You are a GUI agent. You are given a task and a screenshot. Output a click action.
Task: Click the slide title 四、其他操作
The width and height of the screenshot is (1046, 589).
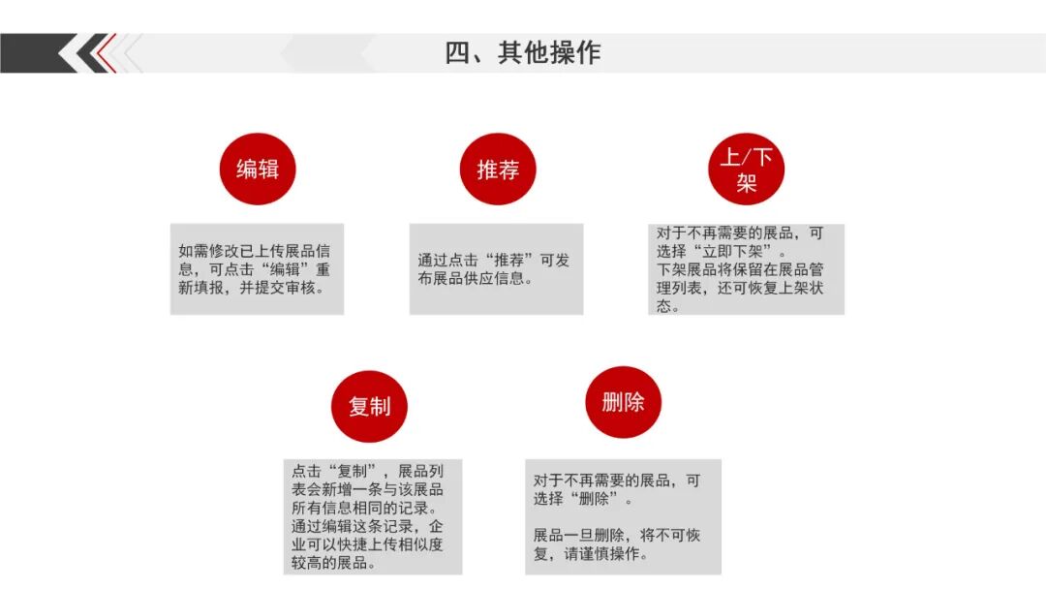(522, 52)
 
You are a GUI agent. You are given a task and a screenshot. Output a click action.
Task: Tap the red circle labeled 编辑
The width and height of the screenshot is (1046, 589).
(257, 169)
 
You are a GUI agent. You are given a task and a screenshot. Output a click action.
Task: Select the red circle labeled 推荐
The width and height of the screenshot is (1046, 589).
(498, 170)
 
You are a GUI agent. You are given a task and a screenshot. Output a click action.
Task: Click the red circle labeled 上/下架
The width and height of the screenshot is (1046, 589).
(746, 170)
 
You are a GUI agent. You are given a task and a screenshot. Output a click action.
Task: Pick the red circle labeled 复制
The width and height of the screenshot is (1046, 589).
(369, 406)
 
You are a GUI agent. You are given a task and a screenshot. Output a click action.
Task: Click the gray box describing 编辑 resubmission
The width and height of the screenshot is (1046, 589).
(257, 269)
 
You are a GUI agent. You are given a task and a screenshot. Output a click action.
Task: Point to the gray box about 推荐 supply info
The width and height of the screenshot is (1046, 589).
(496, 269)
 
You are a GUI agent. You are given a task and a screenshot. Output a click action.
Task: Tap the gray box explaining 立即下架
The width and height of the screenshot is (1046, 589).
(746, 269)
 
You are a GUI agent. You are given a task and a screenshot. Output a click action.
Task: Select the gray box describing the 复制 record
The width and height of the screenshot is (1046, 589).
(373, 516)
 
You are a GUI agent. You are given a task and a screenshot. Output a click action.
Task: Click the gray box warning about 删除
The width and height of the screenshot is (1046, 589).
(623, 516)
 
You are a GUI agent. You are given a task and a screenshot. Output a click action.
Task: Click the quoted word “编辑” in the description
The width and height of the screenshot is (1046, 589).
(282, 269)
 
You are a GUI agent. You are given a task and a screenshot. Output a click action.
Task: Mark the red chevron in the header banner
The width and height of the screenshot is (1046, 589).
(105, 52)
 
